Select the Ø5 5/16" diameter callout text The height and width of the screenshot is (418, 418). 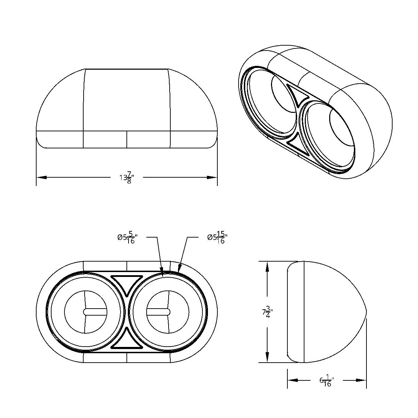pos(126,238)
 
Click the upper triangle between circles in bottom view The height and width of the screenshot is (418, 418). pos(126,283)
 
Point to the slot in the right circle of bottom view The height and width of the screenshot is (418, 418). pos(158,312)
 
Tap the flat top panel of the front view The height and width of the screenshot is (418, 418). pos(126,99)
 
